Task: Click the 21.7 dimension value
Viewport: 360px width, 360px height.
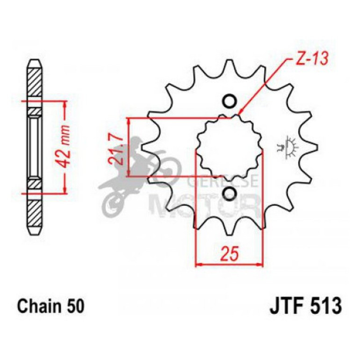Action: [x=116, y=148]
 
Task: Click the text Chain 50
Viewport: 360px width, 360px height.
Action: [x=51, y=307]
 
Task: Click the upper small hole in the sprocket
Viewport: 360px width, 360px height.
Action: [x=229, y=101]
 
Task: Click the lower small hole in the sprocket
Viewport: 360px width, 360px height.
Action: [x=229, y=193]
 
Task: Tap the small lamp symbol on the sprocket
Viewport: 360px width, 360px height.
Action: [x=290, y=147]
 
